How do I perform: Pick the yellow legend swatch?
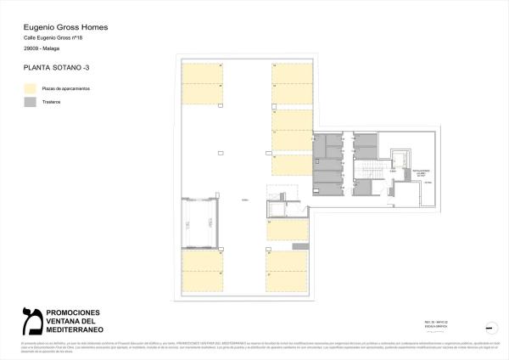pyautogui.click(x=31, y=88)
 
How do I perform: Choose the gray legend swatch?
pyautogui.click(x=31, y=102)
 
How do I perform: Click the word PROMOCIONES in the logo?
pyautogui.click(x=73, y=312)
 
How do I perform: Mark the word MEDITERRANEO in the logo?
pyautogui.click(x=74, y=329)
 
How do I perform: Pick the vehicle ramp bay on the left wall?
pyautogui.click(x=200, y=222)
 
